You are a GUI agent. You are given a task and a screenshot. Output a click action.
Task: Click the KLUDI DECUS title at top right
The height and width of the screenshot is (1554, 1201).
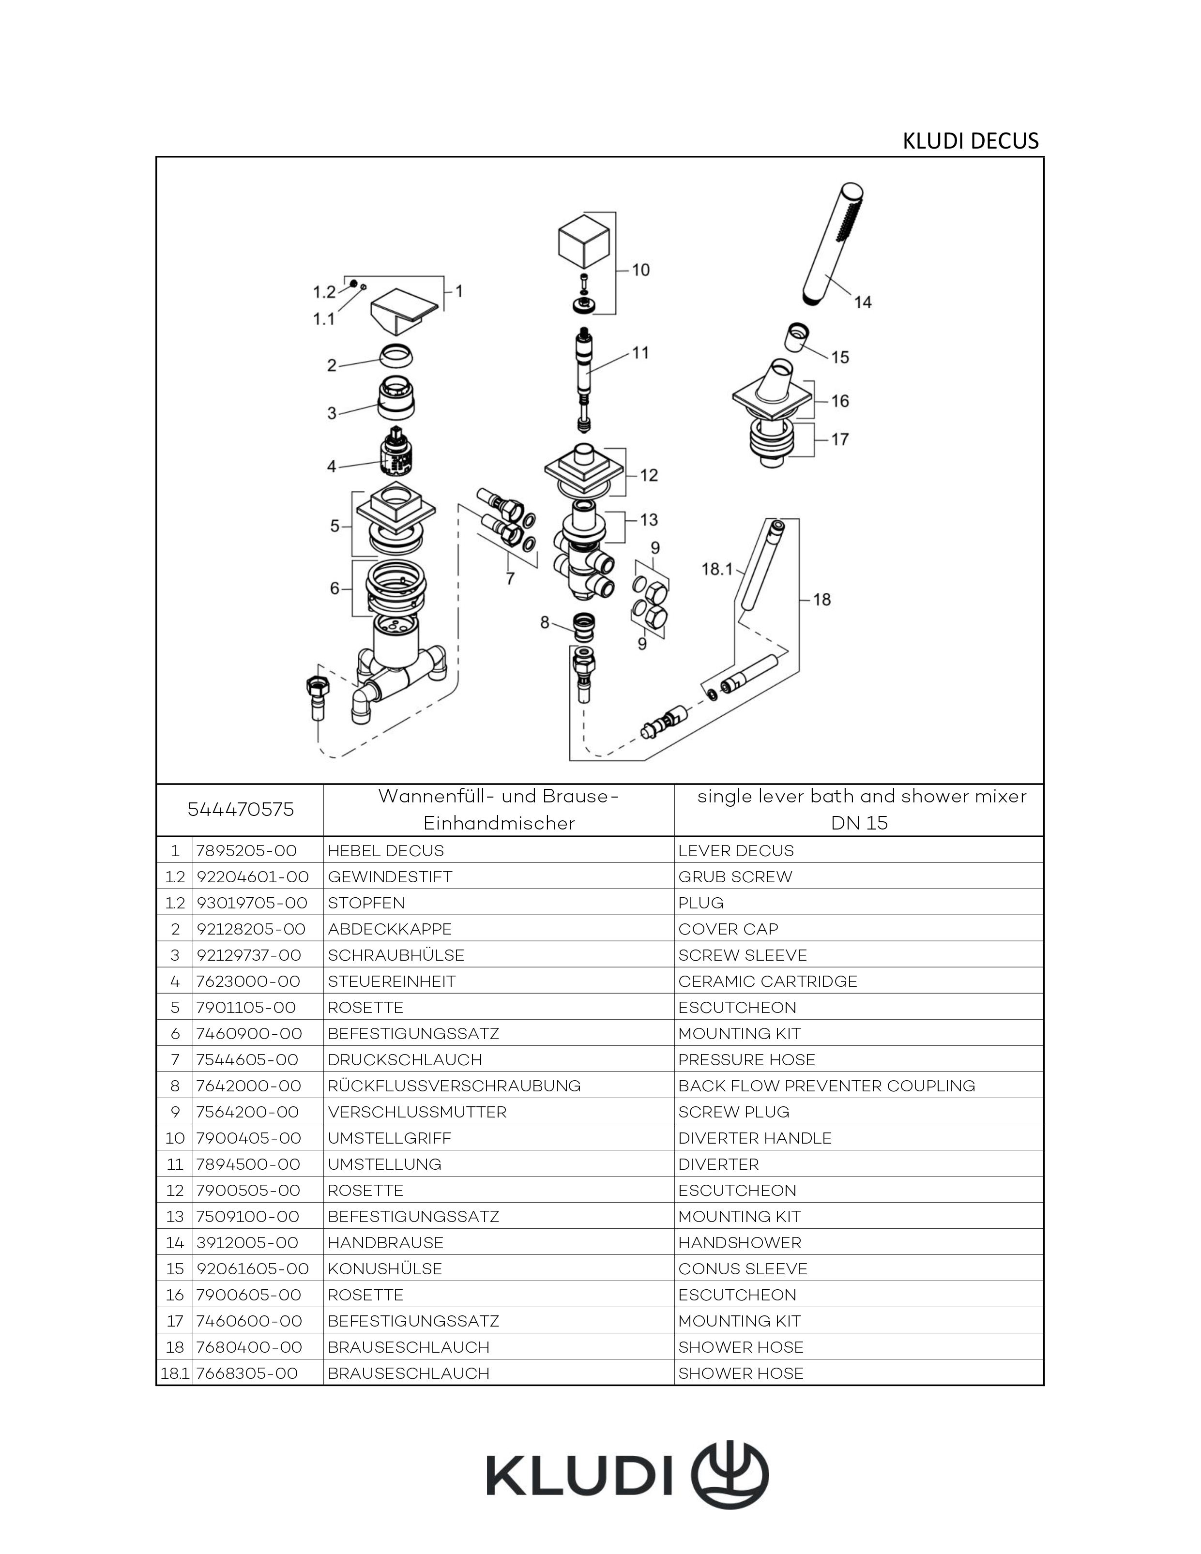click(971, 141)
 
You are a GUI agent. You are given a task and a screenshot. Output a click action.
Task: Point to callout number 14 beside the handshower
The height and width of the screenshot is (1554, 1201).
click(863, 302)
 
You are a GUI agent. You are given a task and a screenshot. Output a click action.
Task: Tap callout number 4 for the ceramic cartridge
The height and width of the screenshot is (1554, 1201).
click(332, 467)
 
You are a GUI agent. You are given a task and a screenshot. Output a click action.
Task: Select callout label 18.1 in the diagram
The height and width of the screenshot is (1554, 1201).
click(717, 569)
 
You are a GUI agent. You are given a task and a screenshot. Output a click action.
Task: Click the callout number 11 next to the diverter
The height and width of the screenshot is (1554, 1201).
click(641, 352)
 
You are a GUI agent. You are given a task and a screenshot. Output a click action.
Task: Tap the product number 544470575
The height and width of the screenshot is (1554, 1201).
click(241, 810)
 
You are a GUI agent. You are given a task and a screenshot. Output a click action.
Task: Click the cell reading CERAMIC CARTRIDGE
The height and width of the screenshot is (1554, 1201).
click(767, 981)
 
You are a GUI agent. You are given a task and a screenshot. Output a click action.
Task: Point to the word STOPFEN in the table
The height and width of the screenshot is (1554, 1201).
click(366, 903)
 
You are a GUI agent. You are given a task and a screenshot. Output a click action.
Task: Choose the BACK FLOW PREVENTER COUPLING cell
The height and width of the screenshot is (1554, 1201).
click(826, 1086)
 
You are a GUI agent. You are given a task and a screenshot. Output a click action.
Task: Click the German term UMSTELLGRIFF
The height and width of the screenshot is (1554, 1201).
click(389, 1138)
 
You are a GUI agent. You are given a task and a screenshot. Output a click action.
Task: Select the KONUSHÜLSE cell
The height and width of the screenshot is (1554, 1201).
click(384, 1268)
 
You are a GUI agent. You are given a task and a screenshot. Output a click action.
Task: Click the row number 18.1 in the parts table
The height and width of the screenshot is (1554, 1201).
click(174, 1373)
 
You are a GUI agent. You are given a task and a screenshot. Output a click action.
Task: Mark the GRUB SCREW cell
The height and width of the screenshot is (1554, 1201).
click(735, 876)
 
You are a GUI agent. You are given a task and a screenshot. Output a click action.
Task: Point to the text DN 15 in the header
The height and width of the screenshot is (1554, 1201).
click(859, 823)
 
